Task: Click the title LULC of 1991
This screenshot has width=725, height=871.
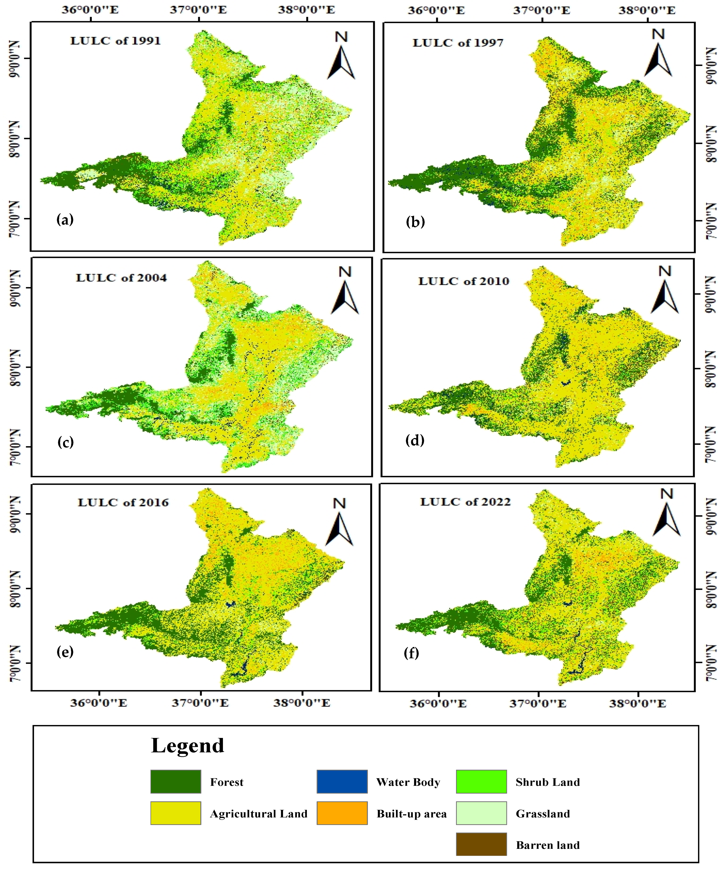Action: pyautogui.click(x=115, y=41)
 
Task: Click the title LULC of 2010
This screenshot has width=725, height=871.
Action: pyautogui.click(x=463, y=281)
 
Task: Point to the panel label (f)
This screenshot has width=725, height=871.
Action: pyautogui.click(x=411, y=653)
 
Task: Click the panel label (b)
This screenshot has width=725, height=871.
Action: pyautogui.click(x=415, y=222)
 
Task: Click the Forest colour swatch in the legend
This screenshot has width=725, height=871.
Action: pyautogui.click(x=175, y=782)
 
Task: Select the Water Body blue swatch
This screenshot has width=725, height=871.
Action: pyautogui.click(x=342, y=782)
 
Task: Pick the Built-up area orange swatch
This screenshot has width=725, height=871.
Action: pyautogui.click(x=342, y=813)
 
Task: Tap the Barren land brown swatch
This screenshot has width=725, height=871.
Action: pyautogui.click(x=481, y=844)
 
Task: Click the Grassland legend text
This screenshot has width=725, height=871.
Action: pyautogui.click(x=542, y=814)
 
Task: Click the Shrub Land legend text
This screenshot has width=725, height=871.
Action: pyautogui.click(x=548, y=782)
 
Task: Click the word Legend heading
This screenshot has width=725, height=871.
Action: pyautogui.click(x=187, y=746)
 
